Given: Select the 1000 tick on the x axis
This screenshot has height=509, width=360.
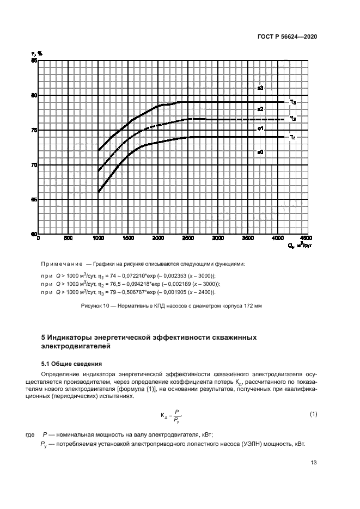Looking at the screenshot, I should click(98, 238).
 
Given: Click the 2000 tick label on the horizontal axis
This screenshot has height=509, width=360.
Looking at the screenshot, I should click(158, 238).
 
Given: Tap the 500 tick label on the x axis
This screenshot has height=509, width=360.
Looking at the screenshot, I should click(68, 238).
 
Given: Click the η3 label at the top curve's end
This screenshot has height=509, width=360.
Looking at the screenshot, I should click(292, 102).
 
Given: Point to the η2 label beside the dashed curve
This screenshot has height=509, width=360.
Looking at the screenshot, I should click(292, 119).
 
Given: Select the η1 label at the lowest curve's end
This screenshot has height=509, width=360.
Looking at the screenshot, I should click(292, 138).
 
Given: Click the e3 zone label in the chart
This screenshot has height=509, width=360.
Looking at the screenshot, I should click(260, 88).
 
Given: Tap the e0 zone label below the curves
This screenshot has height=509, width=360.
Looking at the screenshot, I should click(260, 152).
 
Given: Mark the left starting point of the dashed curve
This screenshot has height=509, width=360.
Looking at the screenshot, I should click(99, 171).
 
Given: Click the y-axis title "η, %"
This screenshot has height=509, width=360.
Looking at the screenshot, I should click(36, 53).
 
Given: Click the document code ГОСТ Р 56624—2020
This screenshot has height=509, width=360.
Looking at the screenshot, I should click(287, 36).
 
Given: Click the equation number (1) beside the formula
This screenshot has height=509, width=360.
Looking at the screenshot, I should click(313, 414).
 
